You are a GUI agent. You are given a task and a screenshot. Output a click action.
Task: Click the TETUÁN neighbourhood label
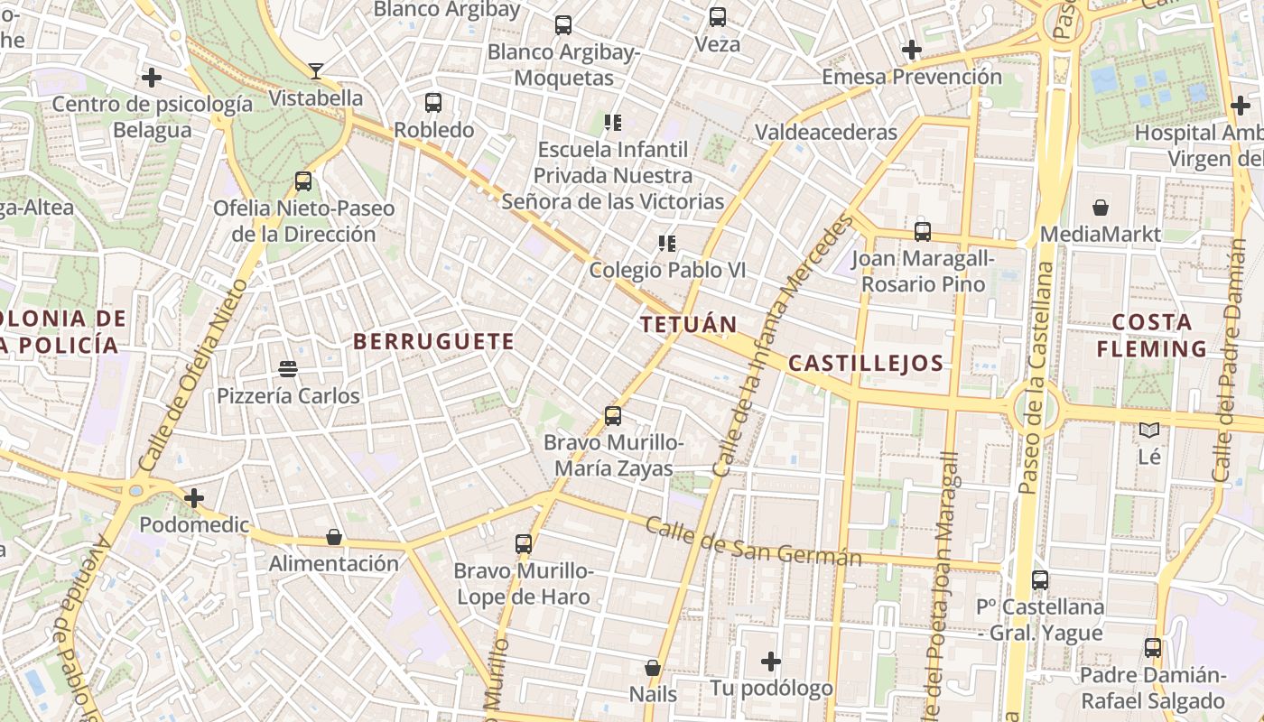688,324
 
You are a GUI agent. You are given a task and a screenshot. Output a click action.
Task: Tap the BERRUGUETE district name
433,341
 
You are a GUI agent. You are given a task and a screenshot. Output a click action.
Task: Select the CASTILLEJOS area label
866,364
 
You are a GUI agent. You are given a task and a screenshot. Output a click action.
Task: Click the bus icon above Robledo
433,103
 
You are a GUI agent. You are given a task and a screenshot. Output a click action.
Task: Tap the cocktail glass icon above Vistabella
316,70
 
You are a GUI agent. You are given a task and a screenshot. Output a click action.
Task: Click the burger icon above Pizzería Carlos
288,368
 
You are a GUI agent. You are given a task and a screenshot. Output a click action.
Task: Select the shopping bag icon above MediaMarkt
1101,208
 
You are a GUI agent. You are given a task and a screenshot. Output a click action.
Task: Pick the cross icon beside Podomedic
193,497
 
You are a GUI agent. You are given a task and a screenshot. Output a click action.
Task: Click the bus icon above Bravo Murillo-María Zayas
613,416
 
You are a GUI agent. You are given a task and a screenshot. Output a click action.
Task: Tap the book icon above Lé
1148,430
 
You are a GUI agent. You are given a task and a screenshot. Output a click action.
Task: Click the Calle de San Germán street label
753,541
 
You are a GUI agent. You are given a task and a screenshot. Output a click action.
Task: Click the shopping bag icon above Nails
653,668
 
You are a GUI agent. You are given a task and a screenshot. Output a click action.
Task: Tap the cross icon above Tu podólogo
770,662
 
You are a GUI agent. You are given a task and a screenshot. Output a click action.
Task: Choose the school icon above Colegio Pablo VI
667,244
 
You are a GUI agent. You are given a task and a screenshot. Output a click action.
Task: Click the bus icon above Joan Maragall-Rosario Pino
922,231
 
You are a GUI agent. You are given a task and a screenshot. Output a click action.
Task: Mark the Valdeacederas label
826,132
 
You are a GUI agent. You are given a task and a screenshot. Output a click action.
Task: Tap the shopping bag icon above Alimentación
334,537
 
